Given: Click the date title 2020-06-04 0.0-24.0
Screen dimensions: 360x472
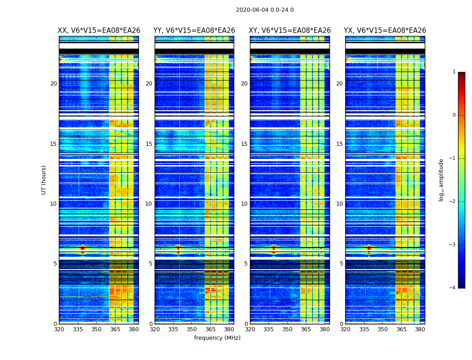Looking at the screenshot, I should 265,10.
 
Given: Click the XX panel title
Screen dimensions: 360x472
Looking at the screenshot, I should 99,31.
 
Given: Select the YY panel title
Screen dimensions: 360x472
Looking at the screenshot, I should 194,31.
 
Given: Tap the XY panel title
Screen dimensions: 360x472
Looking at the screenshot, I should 290,31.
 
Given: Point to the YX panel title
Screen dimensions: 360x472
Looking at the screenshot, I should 385,31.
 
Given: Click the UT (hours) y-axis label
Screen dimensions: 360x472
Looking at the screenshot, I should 44,180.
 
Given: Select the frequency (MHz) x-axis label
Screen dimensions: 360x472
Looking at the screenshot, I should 217,338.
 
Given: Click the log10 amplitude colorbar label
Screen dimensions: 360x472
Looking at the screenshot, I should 441,180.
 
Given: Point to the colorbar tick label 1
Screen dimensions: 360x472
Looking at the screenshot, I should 454,72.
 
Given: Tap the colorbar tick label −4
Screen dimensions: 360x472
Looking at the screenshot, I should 453,288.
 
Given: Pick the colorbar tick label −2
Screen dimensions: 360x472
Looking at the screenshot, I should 453,202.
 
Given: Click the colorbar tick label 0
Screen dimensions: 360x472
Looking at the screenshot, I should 454,115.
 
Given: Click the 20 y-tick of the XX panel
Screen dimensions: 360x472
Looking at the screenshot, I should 53,84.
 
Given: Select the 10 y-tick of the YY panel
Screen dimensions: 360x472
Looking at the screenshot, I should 148,204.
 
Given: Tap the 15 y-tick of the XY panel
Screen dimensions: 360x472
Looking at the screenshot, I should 244,144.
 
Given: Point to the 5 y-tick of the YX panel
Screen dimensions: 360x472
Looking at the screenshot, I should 341,264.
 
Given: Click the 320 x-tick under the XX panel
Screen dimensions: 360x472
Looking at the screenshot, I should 59,329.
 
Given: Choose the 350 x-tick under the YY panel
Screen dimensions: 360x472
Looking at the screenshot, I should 192,329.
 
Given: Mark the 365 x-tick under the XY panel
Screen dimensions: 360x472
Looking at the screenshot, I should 306,329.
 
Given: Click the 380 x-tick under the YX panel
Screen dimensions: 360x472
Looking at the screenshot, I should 420,329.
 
